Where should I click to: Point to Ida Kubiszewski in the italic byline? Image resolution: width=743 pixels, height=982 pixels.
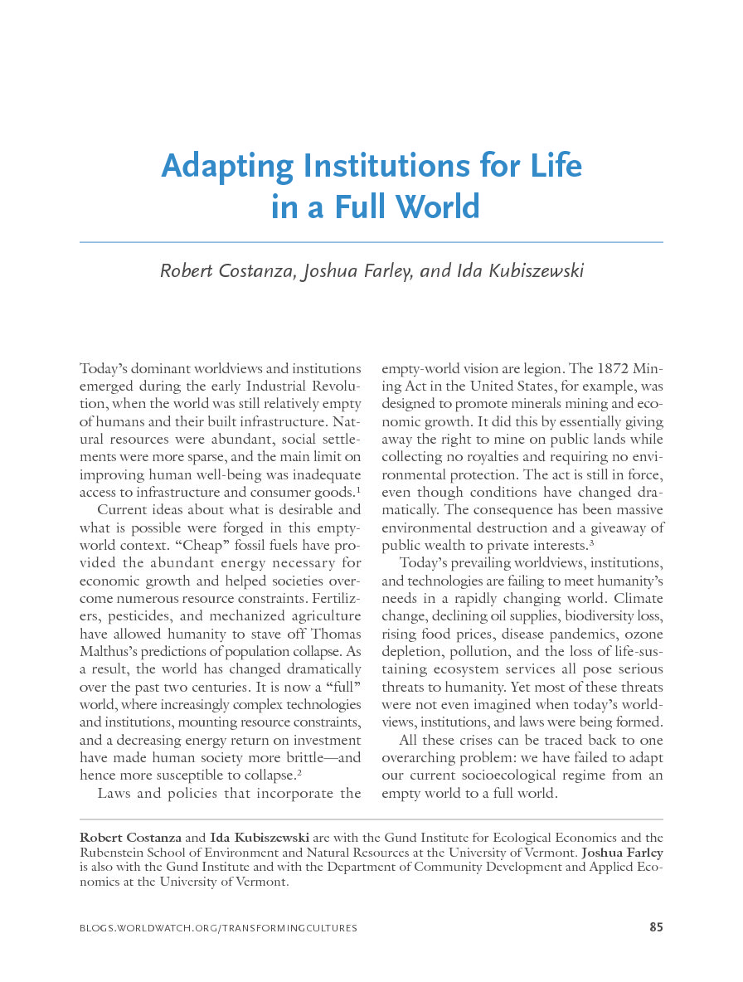(x=520, y=271)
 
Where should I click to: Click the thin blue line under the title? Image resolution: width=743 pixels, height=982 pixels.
(x=371, y=242)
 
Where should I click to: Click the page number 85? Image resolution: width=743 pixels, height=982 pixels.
(x=656, y=927)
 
